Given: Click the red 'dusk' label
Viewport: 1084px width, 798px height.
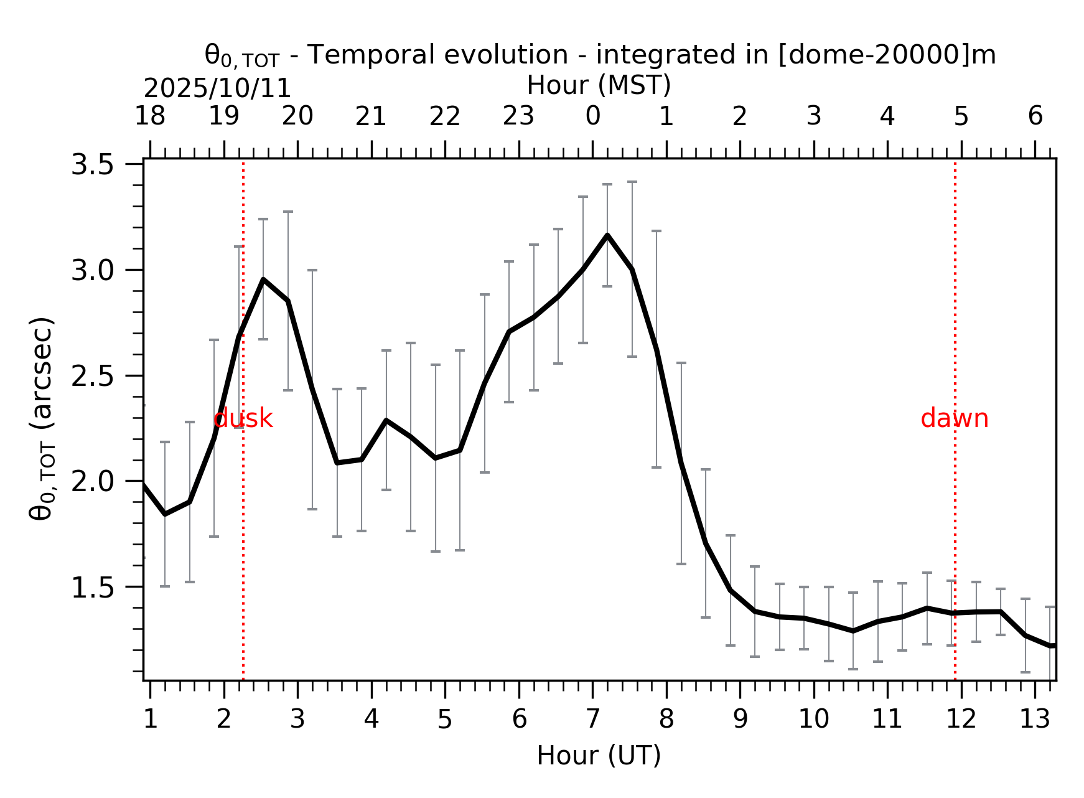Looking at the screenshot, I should (243, 418).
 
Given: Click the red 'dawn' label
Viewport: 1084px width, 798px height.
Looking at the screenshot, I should (954, 418).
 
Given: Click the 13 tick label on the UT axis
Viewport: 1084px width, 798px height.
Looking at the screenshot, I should (1034, 720).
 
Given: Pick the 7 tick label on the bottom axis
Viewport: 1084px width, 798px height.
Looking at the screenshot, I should (592, 720).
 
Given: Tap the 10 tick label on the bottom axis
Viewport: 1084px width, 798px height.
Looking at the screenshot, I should (813, 720).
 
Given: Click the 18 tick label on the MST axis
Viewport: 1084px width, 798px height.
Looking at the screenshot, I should (150, 116).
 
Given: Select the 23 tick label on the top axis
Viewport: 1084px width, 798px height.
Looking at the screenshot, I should (518, 116).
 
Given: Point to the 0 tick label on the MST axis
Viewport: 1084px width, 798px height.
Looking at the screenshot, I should (592, 116).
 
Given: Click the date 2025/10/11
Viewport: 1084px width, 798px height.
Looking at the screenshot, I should (217, 89).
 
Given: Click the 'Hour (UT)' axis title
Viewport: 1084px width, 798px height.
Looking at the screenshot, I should (599, 756).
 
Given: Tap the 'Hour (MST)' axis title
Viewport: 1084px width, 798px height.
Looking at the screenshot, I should (599, 85).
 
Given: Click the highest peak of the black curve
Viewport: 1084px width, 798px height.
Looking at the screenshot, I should (607, 235).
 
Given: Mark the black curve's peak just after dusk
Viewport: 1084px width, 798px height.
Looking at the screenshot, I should (263, 279).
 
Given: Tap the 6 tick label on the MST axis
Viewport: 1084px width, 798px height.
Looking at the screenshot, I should (1035, 116).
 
